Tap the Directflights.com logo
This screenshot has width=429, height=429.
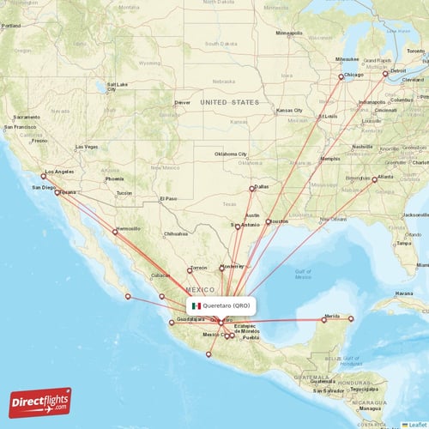coord(40,402)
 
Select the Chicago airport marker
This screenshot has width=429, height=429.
coord(341,76)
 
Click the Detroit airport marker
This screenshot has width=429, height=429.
coord(385,74)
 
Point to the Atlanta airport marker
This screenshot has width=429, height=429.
coord(374,179)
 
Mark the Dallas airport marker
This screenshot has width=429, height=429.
coord(251,189)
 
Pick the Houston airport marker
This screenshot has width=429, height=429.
coord(269,221)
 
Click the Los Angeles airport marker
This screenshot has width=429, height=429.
coord(44,176)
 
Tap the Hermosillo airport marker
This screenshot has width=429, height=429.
coord(114,232)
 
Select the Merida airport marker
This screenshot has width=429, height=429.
coord(324,320)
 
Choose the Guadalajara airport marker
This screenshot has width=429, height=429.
coord(171,323)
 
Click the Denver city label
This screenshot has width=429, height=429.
coord(182,103)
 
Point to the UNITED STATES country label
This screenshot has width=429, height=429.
coord(229,102)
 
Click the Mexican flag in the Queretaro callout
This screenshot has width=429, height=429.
coord(196,305)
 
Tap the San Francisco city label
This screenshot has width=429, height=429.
coord(21,127)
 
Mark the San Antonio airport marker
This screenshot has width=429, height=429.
coord(238,227)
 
